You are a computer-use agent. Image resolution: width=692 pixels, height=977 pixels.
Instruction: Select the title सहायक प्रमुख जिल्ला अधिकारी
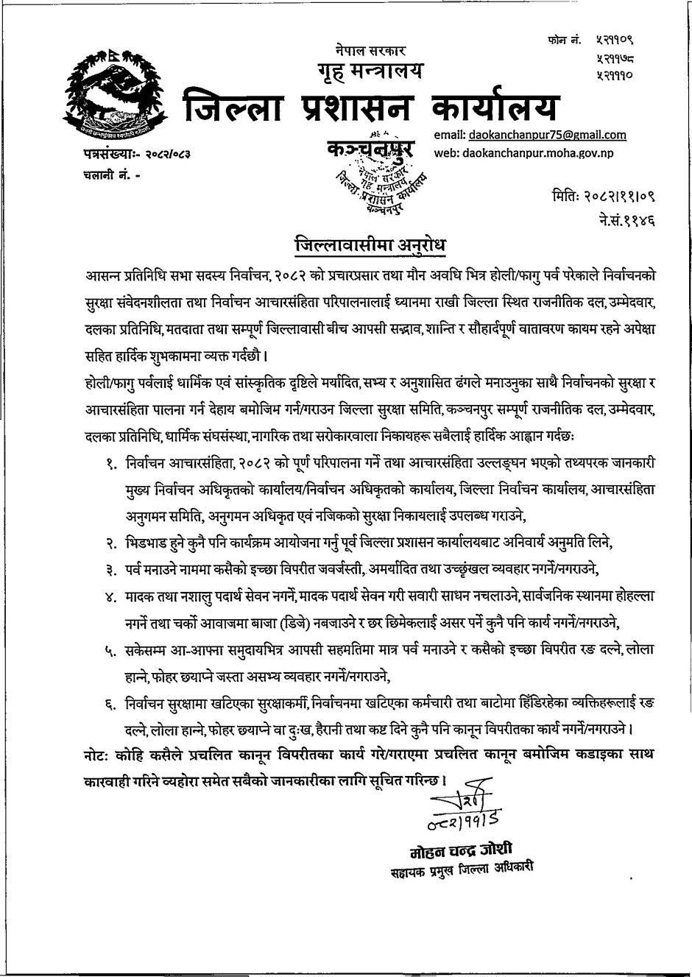pos(462,868)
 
